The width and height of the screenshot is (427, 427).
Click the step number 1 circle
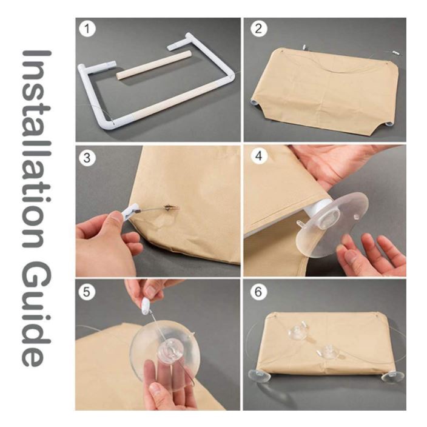pos(87,29)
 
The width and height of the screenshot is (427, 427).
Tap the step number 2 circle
pos(258,29)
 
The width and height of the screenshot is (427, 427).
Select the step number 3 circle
pos(87,158)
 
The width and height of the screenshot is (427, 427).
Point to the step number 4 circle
pos(258,156)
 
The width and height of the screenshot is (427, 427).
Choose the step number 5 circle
pos(87,292)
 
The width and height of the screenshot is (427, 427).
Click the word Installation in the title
pos(37,149)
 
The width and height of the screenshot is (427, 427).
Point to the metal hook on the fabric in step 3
pos(171,208)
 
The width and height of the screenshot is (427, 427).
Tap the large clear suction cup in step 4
pos(332,224)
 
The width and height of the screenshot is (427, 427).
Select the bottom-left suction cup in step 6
pos(259,376)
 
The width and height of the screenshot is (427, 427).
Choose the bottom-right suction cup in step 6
pos(392,377)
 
